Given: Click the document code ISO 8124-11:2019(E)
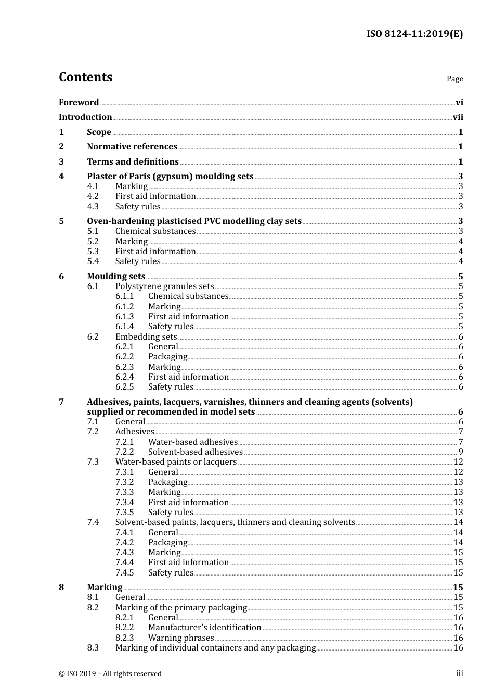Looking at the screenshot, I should [x=414, y=34].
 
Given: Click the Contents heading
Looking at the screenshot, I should [x=85, y=77].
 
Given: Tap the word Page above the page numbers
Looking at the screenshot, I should [x=454, y=79].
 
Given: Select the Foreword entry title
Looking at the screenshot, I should [x=79, y=102].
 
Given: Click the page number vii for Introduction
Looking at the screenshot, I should [x=458, y=117].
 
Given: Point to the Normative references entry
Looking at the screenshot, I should [x=132, y=147].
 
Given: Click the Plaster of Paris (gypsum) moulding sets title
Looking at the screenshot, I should [x=170, y=177].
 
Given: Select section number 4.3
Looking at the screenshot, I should [x=93, y=206].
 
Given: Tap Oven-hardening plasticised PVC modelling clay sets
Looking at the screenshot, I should [x=194, y=221].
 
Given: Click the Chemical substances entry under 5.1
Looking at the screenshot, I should [x=155, y=231].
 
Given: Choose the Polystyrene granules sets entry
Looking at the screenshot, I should [x=164, y=286].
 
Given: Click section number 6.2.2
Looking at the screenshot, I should [x=124, y=357].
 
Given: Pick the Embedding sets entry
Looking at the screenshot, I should [x=146, y=337].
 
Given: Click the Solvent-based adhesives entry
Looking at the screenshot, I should [x=195, y=452].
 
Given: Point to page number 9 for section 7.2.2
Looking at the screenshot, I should [x=460, y=452].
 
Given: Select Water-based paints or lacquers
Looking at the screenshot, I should [x=176, y=462].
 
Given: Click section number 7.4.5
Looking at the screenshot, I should [x=124, y=573].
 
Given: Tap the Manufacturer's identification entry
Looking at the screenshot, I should [x=204, y=628].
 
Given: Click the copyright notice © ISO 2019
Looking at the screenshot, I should [x=110, y=674].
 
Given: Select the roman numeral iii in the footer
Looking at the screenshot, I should [x=459, y=673].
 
